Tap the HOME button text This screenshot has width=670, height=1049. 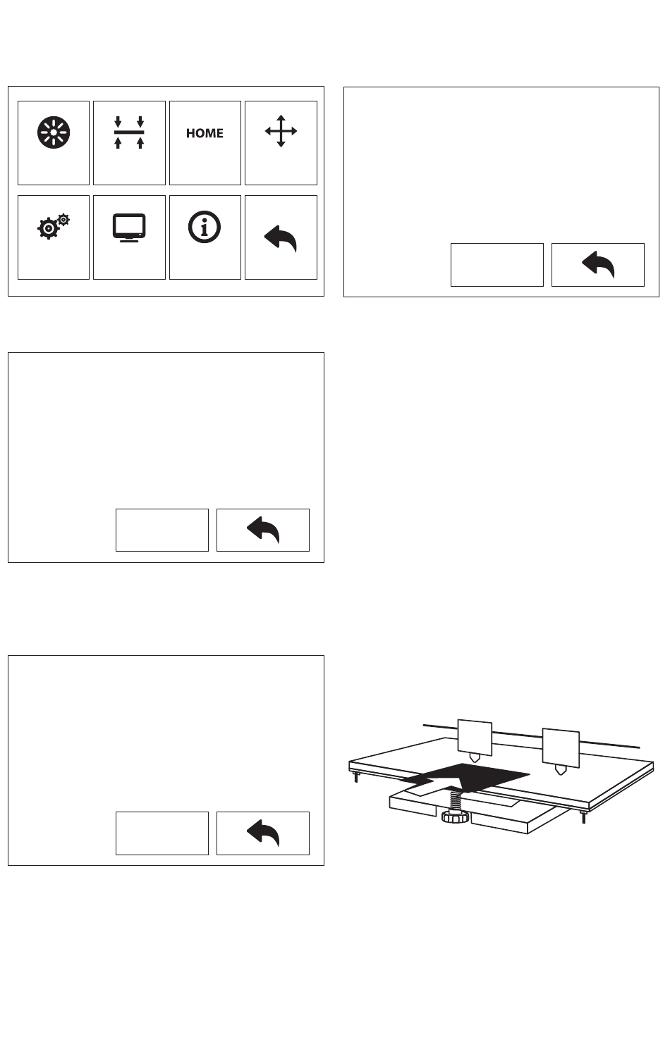(205, 133)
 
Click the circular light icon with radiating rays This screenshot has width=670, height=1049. (54, 132)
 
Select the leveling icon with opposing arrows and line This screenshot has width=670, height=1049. (129, 132)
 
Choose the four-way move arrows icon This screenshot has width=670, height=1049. (281, 132)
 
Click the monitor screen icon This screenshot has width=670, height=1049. (129, 228)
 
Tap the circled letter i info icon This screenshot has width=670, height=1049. (205, 226)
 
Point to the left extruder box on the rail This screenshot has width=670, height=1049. (475, 736)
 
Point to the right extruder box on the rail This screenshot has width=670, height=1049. (560, 746)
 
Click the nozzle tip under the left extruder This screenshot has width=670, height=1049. (476, 759)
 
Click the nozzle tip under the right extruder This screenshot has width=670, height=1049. (561, 770)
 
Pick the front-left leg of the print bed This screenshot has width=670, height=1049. (356, 777)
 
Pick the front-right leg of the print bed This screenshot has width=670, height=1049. (583, 818)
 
